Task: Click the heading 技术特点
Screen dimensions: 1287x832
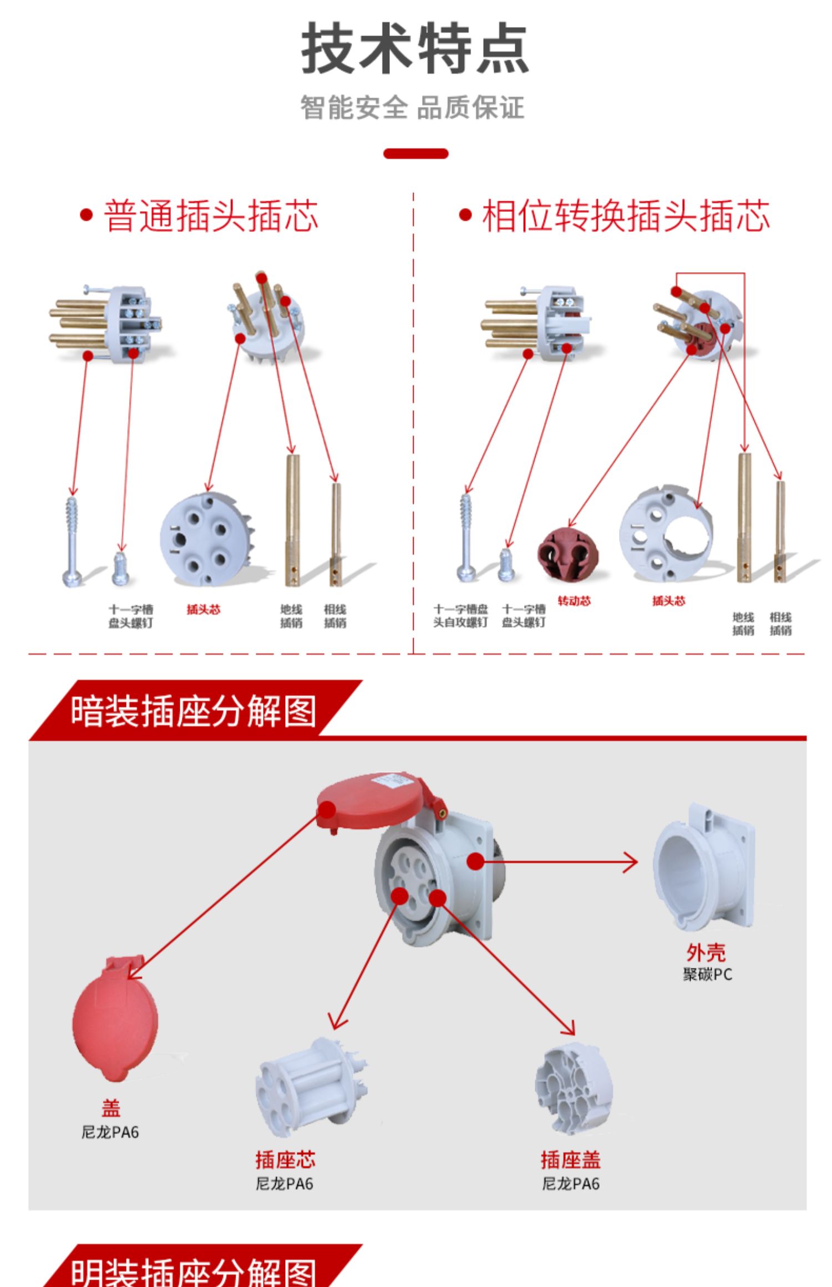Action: (x=415, y=49)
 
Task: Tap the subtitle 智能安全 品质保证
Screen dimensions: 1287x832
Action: (x=412, y=108)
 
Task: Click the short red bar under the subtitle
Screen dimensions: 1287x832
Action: (x=415, y=154)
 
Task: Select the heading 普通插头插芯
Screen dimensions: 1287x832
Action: (x=211, y=216)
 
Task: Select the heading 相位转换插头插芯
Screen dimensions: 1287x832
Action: (x=626, y=216)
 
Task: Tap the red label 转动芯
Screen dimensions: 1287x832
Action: (x=574, y=601)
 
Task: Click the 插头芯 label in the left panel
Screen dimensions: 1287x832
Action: (x=204, y=610)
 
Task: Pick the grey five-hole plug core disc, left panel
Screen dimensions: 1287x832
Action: (x=204, y=540)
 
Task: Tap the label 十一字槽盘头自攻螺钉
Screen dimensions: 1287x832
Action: (x=460, y=616)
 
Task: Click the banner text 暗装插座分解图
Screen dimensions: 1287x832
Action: (x=193, y=711)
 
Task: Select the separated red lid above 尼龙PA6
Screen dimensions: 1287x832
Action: (x=115, y=1019)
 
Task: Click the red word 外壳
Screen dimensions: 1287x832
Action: (x=706, y=953)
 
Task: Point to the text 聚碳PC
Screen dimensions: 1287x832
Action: (x=707, y=974)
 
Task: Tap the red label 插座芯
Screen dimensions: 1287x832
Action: (x=285, y=1160)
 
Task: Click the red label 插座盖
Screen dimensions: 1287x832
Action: (x=571, y=1160)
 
